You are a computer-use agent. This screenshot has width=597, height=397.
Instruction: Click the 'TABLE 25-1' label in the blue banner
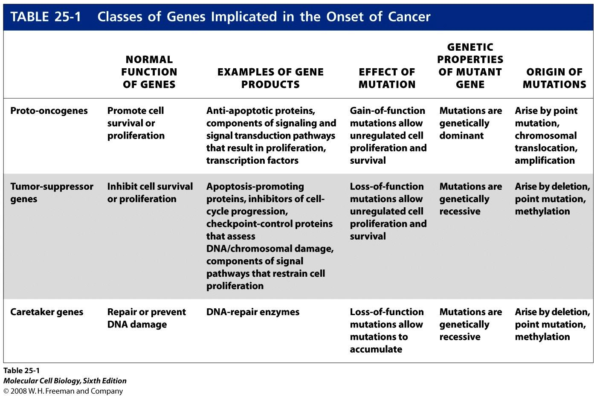46,17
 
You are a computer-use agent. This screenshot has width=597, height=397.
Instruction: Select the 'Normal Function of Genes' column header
149,72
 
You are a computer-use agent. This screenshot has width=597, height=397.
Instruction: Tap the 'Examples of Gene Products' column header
270,78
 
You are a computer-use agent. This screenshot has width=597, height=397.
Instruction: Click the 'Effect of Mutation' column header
387,78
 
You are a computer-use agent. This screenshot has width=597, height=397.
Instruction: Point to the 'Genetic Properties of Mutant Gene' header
470,66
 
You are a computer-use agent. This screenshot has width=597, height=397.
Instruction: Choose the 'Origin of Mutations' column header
555,78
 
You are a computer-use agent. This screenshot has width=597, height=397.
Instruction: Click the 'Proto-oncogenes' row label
49,111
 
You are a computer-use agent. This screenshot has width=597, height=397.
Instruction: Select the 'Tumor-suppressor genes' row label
52,193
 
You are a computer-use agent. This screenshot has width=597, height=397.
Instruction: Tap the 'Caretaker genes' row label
46,312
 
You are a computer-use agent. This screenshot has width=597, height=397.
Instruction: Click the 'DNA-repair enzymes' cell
253,312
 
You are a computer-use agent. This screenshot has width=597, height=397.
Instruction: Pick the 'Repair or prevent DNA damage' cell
147,318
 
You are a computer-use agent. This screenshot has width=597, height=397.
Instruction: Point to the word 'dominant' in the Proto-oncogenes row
461,136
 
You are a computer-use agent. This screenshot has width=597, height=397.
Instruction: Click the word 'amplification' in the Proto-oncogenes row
545,160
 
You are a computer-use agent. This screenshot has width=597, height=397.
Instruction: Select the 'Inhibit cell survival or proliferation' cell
150,193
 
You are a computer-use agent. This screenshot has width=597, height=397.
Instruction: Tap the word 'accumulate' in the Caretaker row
376,349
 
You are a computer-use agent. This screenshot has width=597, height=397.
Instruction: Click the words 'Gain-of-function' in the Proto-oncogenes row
388,110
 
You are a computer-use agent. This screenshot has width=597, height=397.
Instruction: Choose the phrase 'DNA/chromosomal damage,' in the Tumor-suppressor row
270,249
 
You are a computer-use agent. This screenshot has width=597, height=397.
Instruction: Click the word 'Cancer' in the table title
409,17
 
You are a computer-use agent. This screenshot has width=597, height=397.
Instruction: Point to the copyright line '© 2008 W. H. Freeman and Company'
63,391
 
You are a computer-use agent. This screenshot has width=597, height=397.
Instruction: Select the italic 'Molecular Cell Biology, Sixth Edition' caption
65,381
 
